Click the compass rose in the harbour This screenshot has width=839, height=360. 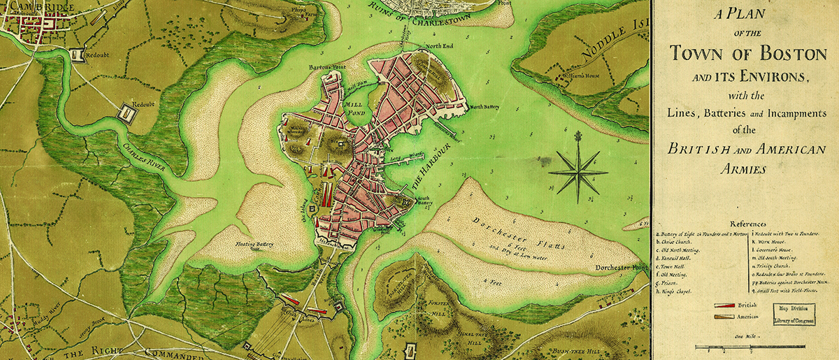(x=578, y=171)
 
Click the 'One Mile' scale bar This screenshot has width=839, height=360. (x=743, y=347)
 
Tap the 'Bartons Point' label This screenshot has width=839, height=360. (x=328, y=68)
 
